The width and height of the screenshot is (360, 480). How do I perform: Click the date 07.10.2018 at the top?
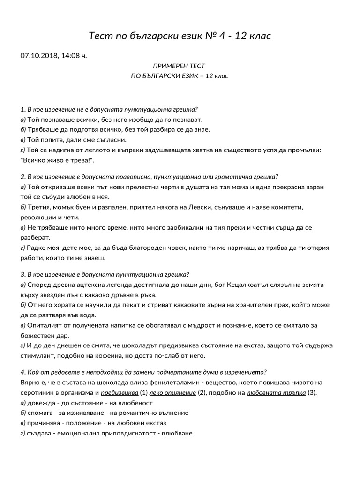click(38, 56)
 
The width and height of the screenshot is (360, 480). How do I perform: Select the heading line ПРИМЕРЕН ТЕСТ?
click(179, 66)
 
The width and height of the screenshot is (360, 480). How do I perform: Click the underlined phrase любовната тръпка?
click(276, 392)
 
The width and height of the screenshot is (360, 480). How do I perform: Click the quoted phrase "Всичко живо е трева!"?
click(58, 160)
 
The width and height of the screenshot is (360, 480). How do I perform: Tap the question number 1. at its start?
click(23, 109)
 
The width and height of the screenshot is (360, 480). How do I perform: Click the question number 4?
click(23, 372)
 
